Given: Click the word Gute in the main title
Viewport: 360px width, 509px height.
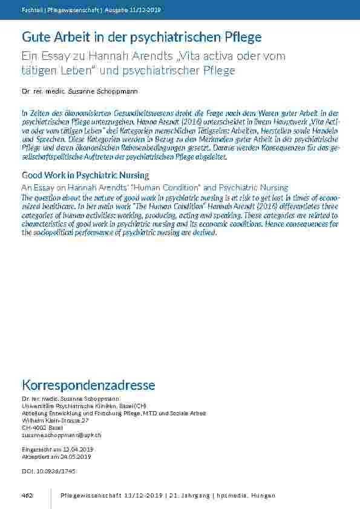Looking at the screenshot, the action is [x=35, y=37].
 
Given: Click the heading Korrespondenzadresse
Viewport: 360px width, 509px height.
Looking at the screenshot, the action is [x=88, y=385].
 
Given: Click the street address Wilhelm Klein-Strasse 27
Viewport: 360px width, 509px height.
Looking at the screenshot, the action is [x=55, y=420].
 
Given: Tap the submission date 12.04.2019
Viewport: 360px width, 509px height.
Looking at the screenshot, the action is [x=74, y=450].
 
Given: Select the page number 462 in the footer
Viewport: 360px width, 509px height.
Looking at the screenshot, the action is [x=27, y=496].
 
